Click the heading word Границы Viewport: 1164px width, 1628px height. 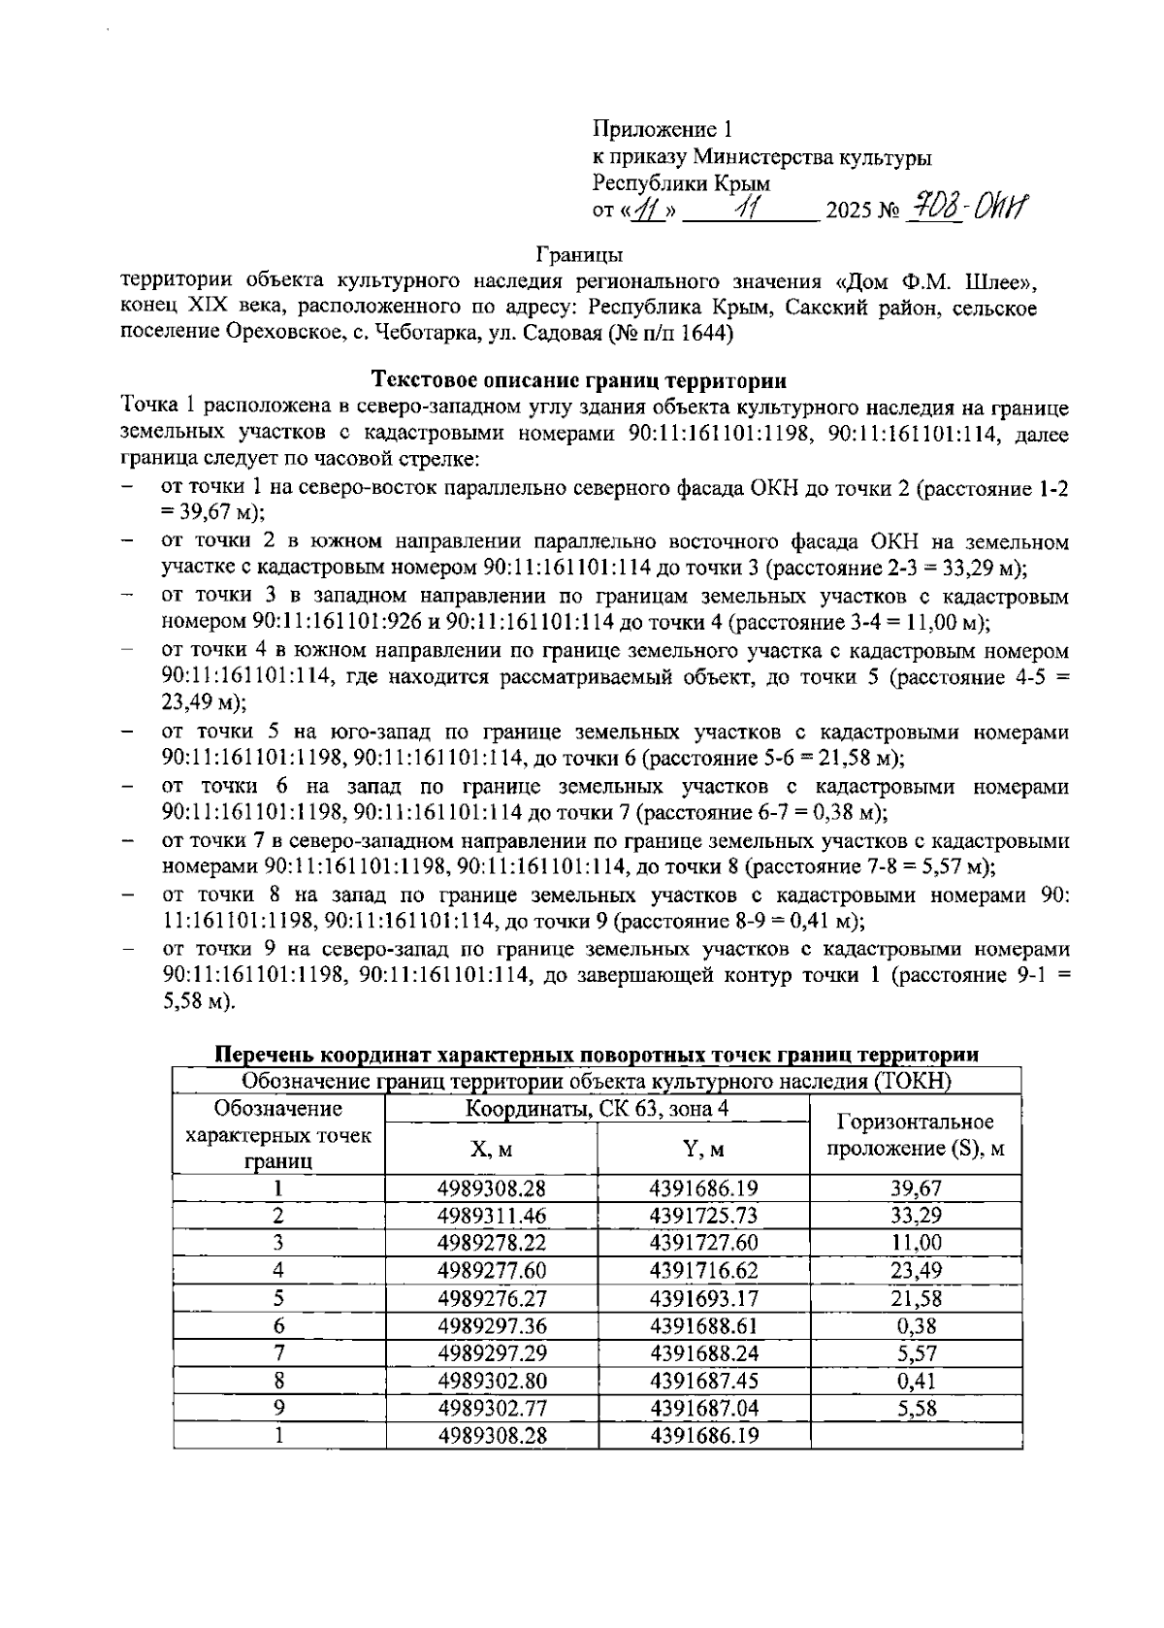[x=579, y=255]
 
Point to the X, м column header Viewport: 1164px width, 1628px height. [x=491, y=1150]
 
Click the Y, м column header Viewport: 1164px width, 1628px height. [x=703, y=1150]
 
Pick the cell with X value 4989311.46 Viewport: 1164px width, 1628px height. [x=491, y=1216]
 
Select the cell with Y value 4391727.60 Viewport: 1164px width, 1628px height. [x=703, y=1243]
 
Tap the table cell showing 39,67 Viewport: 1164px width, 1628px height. [x=916, y=1188]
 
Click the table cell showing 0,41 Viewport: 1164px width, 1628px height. [x=916, y=1381]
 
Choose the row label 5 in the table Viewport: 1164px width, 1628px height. [x=278, y=1298]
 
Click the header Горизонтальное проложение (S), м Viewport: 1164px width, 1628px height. [x=916, y=1135]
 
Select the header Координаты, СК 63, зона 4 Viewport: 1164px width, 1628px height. [x=598, y=1109]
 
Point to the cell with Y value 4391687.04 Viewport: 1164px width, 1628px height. [x=703, y=1408]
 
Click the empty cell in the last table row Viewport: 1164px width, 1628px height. [x=916, y=1436]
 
